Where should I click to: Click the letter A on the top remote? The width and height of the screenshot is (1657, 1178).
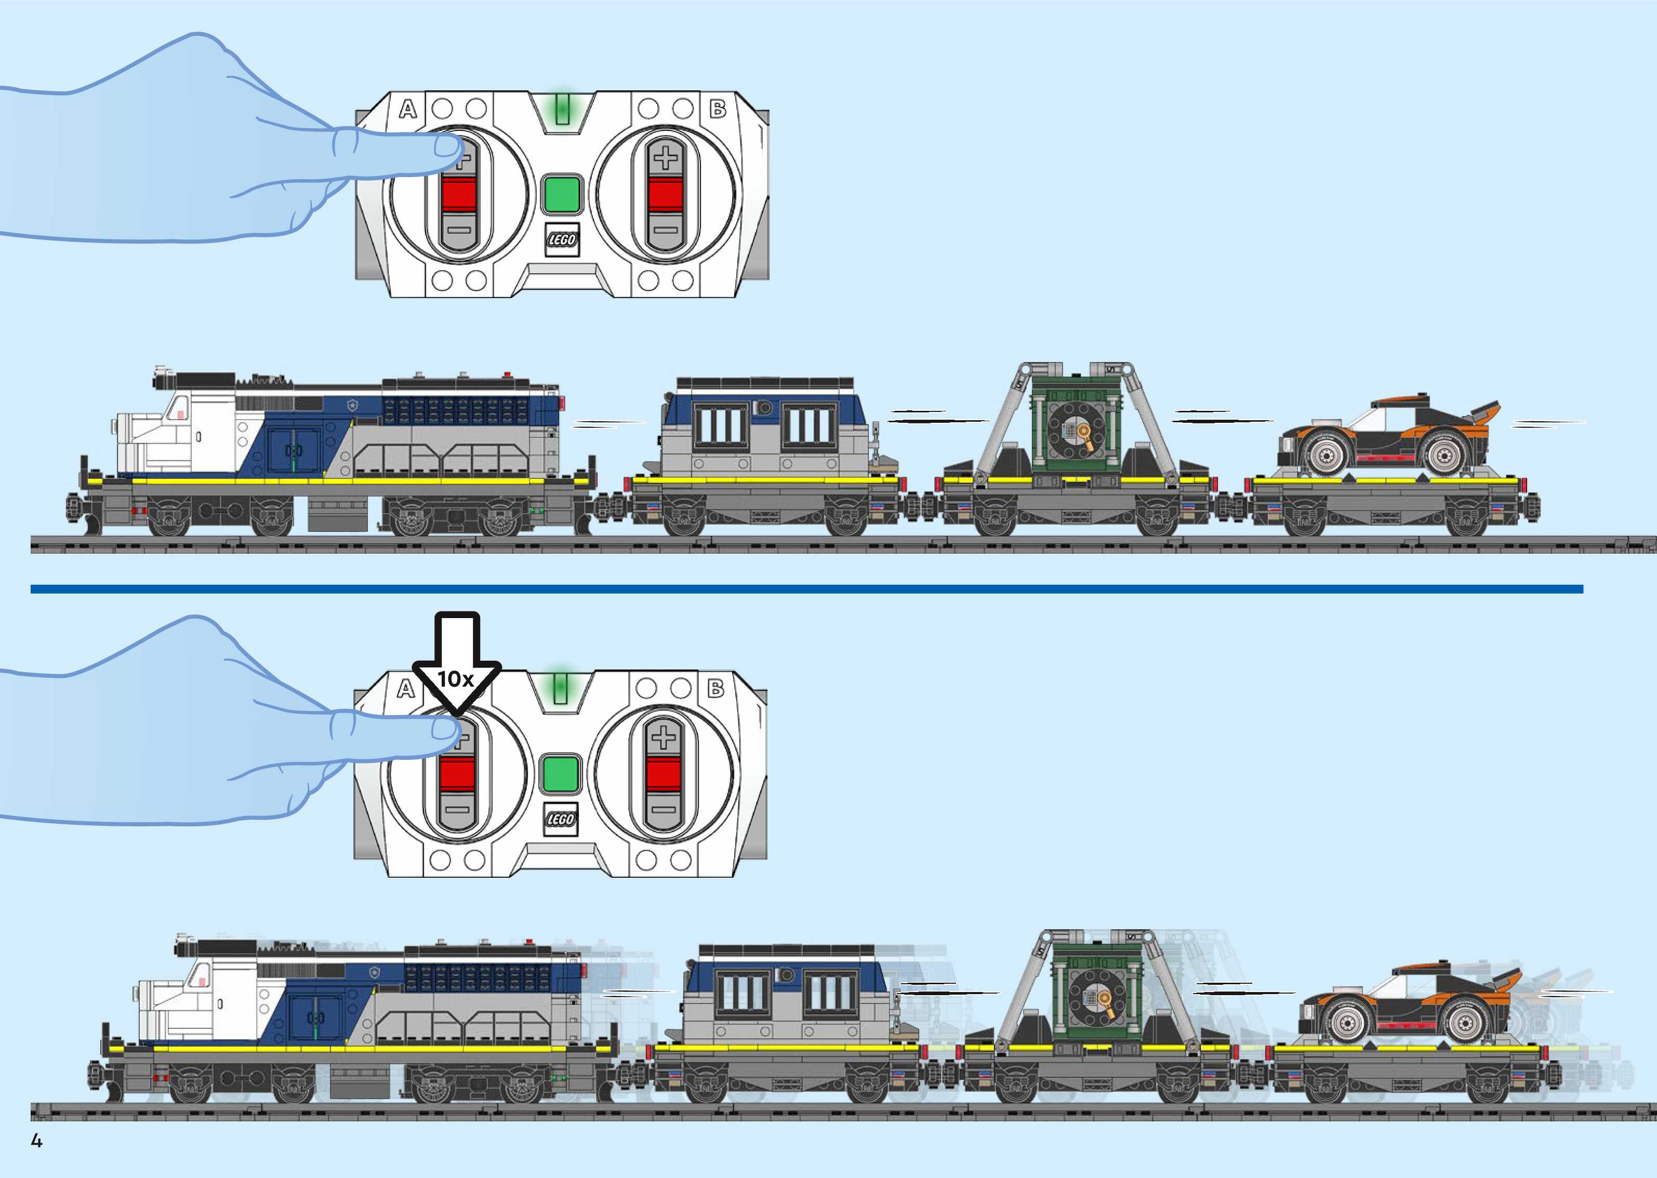408,110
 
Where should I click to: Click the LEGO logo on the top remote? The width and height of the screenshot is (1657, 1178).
562,239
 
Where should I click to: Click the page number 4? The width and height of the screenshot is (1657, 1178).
36,1141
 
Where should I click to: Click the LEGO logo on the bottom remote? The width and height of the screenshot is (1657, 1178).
560,819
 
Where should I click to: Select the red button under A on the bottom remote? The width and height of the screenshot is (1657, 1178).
457,774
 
